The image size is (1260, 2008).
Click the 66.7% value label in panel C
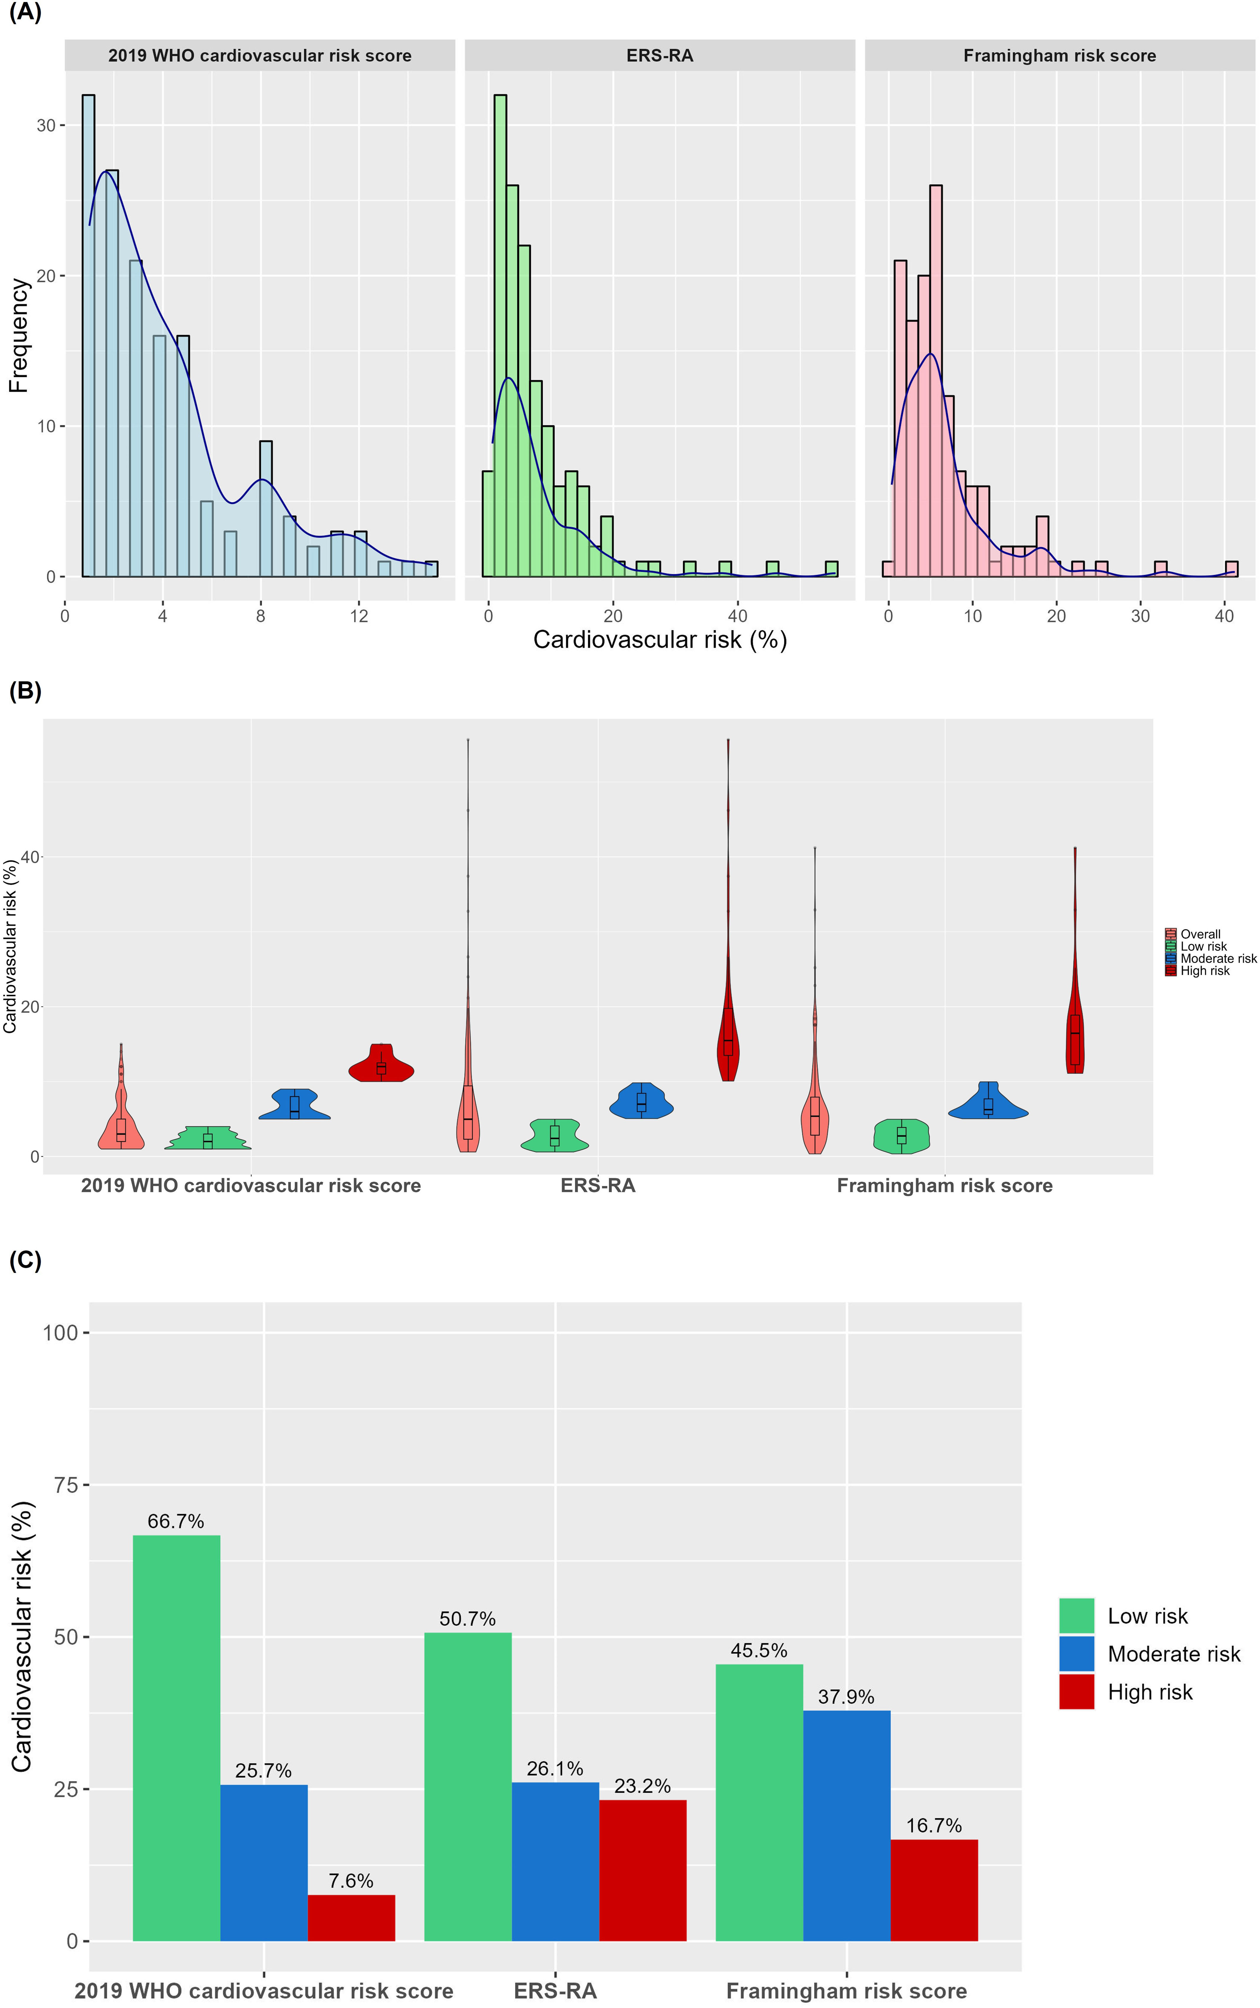point(176,1521)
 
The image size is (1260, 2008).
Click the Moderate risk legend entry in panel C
point(1173,1654)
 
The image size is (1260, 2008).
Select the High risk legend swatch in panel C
point(1076,1692)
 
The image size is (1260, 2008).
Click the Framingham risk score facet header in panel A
point(1059,56)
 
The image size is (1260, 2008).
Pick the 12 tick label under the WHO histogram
point(359,616)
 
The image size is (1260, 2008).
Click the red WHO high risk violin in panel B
point(381,1064)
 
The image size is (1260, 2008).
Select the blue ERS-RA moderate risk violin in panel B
point(641,1102)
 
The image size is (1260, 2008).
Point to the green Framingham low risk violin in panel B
point(901,1136)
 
